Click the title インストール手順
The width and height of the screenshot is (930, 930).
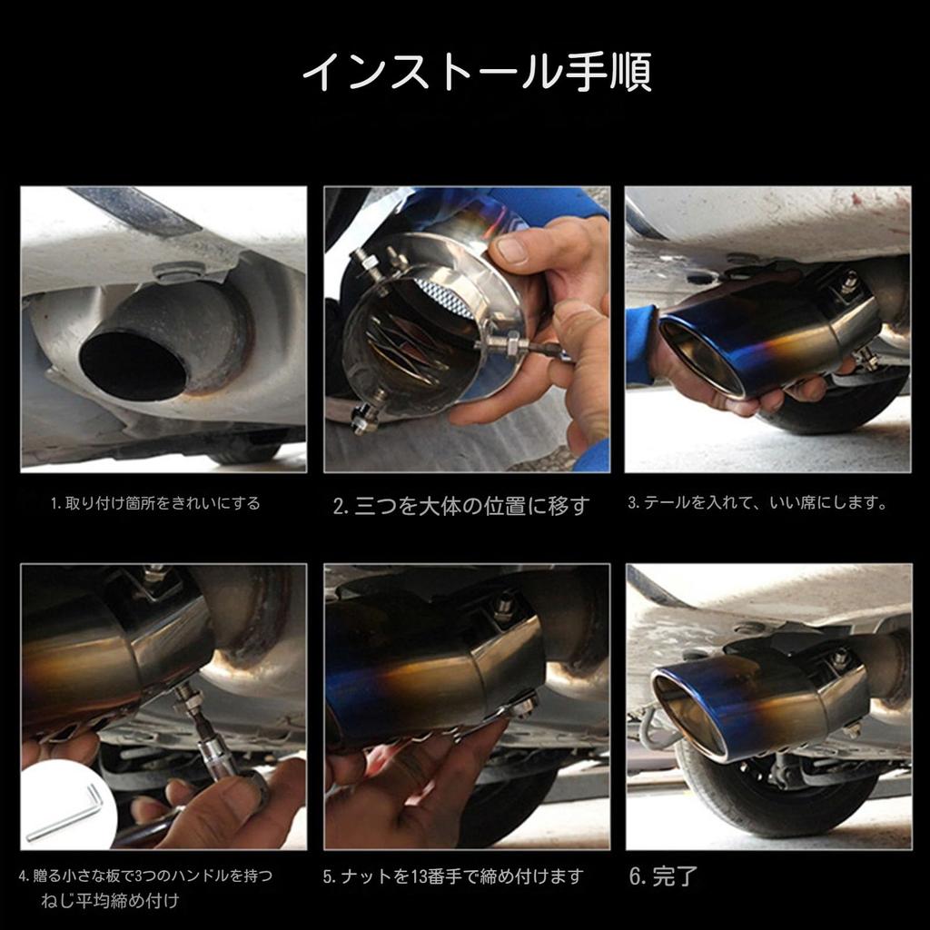point(476,73)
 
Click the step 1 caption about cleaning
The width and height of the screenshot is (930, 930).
point(155,503)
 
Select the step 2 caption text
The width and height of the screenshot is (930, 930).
point(461,506)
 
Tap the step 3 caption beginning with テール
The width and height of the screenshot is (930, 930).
point(757,503)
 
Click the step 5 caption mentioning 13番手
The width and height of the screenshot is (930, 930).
point(453,877)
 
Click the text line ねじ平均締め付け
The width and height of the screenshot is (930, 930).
point(110,902)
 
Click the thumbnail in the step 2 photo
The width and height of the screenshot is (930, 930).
point(512,250)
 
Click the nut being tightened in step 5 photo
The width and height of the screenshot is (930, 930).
point(521,706)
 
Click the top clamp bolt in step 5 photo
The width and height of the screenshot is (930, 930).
point(502,607)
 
